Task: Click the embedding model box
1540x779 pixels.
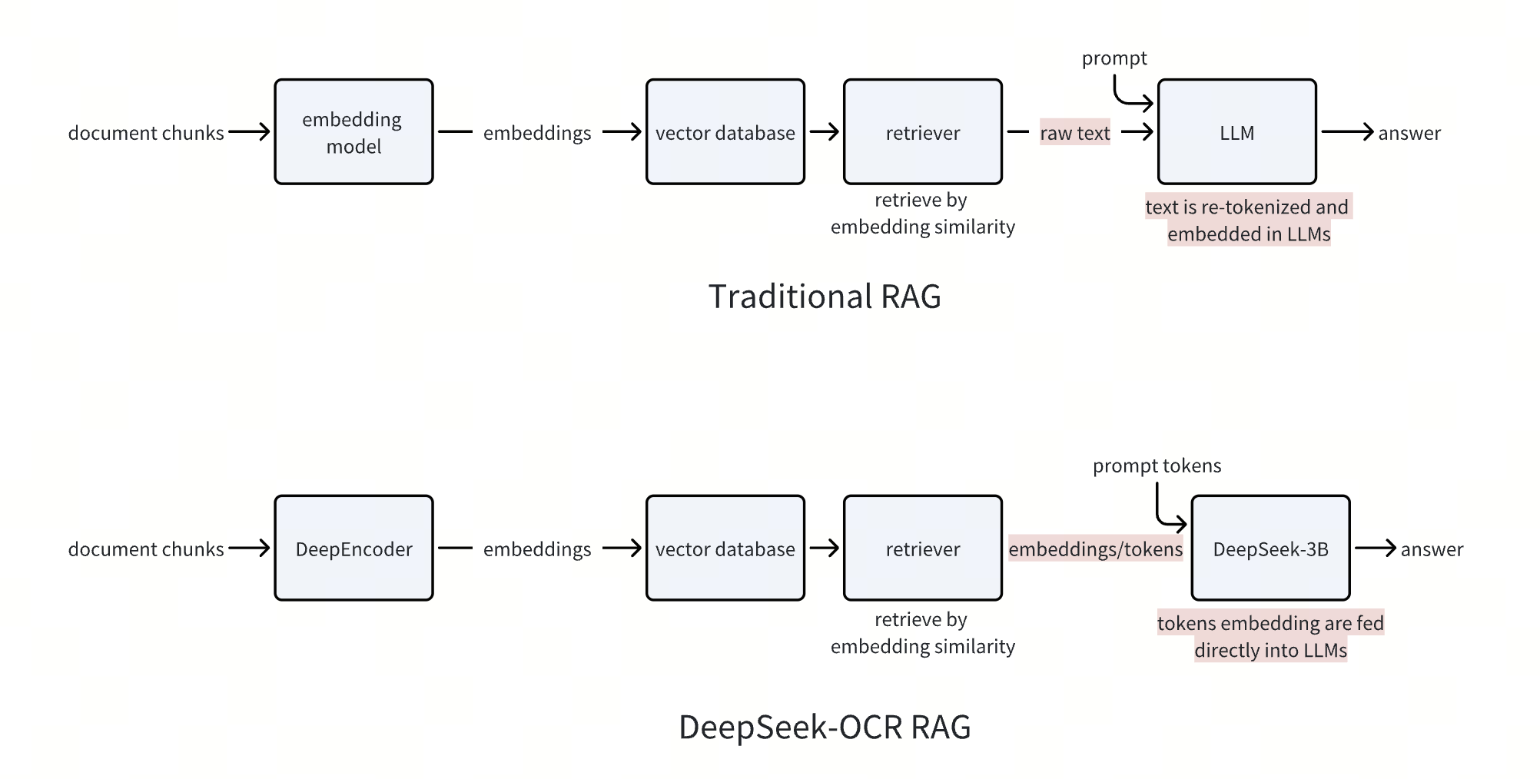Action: (x=353, y=132)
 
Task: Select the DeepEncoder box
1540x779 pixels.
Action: (x=353, y=549)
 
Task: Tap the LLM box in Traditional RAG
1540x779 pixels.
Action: (x=1236, y=132)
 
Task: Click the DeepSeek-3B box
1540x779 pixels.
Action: (x=1270, y=549)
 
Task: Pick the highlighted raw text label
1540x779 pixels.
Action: (x=1074, y=133)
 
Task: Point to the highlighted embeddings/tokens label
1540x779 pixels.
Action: (x=1095, y=549)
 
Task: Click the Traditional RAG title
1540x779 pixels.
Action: (x=825, y=297)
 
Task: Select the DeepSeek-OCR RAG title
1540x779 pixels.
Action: (x=825, y=727)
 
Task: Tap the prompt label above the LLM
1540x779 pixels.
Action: (x=1114, y=58)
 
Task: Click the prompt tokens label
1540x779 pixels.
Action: (x=1157, y=466)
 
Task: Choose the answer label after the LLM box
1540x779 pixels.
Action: (x=1409, y=133)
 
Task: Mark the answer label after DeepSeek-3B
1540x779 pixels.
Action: (x=1432, y=549)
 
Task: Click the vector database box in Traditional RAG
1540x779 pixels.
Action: (x=725, y=132)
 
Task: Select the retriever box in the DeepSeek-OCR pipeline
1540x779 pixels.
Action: (x=922, y=549)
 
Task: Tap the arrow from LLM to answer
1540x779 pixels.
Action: (x=1346, y=132)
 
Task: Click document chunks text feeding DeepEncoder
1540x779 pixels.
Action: (x=146, y=549)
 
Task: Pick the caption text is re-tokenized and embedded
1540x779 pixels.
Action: (x=1248, y=220)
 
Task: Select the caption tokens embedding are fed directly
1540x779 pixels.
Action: (x=1270, y=637)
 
